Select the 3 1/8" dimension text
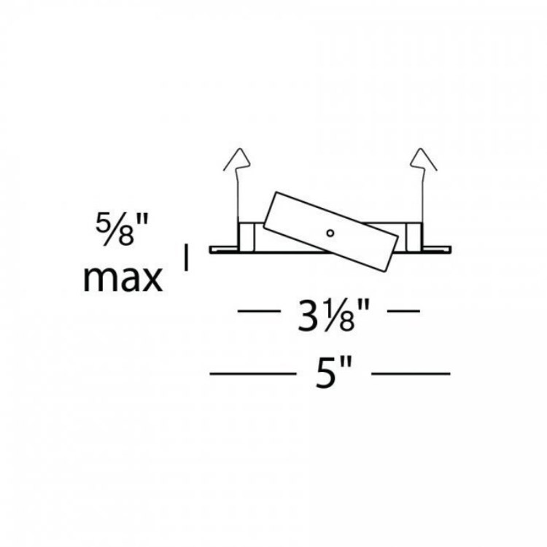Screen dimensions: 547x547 click(x=333, y=315)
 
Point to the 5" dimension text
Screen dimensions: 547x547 click(x=334, y=373)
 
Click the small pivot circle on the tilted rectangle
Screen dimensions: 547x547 click(x=330, y=233)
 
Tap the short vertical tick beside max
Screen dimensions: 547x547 click(x=186, y=257)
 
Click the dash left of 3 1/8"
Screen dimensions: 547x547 click(x=259, y=311)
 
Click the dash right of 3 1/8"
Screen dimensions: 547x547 click(x=403, y=311)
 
